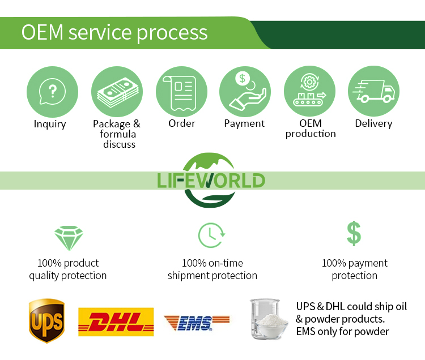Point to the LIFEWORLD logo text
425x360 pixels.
click(x=211, y=181)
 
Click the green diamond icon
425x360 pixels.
click(x=68, y=238)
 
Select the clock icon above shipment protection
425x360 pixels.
click(x=211, y=235)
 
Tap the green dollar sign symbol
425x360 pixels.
click(x=354, y=233)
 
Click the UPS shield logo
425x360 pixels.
click(x=46, y=321)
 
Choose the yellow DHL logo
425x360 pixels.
click(x=116, y=322)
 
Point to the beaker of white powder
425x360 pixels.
click(x=268, y=320)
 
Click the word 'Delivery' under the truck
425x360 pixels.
click(x=373, y=123)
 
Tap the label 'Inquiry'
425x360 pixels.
click(x=50, y=124)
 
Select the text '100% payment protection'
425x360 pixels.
click(x=355, y=269)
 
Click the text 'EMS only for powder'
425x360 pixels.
click(x=342, y=332)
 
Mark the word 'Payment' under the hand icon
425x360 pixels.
click(x=244, y=123)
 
